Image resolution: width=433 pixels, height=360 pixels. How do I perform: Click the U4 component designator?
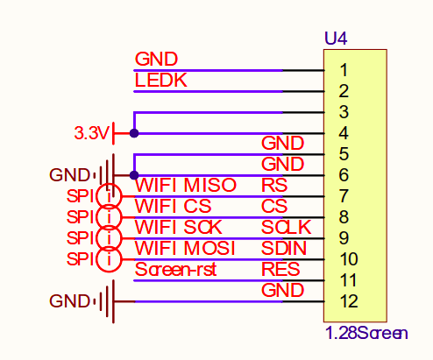click(336, 39)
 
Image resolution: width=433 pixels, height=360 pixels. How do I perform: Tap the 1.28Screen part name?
click(366, 333)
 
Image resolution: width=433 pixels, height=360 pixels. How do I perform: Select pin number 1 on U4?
click(344, 70)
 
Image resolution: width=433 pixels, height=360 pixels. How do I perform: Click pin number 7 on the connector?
click(344, 196)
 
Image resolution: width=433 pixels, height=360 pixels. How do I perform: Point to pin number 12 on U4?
click(349, 301)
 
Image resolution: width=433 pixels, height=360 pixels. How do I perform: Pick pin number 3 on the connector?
click(344, 112)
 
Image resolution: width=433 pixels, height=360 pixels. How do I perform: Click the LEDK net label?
click(160, 80)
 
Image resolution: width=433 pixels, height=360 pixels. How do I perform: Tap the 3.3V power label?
click(92, 133)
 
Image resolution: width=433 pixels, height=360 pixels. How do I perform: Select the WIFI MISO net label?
click(186, 185)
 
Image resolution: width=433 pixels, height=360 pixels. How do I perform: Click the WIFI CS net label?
click(173, 206)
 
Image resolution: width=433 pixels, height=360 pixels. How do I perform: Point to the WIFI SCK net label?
click(179, 227)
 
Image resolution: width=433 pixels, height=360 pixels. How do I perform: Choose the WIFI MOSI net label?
click(185, 248)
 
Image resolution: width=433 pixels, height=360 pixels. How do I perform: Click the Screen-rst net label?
click(175, 269)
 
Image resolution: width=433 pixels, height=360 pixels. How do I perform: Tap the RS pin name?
click(274, 185)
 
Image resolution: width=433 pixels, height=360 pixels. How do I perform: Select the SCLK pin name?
click(287, 227)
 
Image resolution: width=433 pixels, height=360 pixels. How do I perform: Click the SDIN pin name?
click(284, 248)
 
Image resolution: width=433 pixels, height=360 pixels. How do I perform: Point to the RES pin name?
click(280, 269)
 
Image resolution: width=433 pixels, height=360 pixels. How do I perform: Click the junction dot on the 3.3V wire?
click(134, 133)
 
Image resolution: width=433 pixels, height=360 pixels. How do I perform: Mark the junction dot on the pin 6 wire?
click(134, 175)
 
